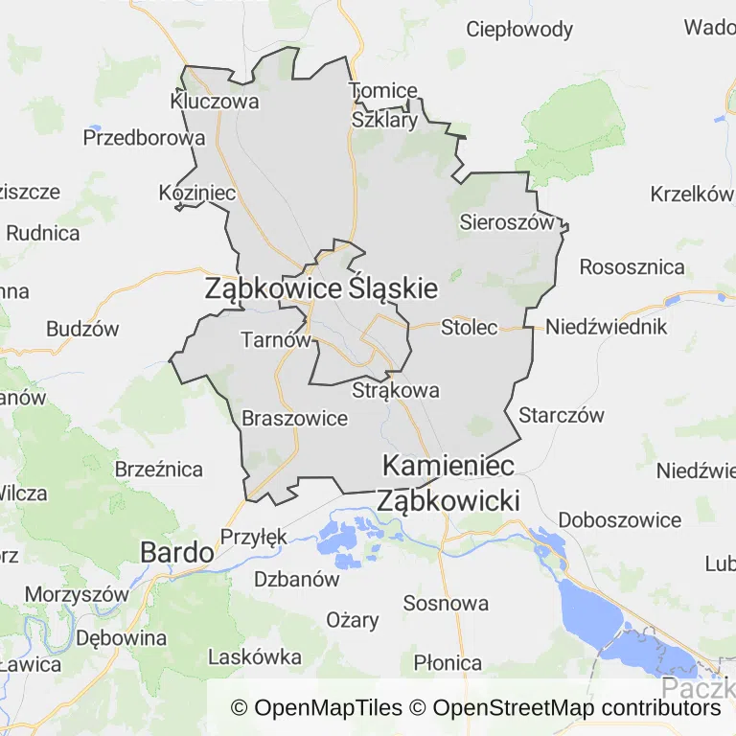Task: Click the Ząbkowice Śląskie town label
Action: [x=321, y=288]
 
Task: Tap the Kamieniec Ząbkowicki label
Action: [x=448, y=483]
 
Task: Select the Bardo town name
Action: [x=176, y=552]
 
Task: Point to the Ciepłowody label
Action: [x=519, y=29]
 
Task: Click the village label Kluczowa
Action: [x=215, y=101]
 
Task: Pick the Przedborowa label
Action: [x=144, y=137]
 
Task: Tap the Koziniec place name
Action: [x=197, y=193]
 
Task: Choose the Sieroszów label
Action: [x=507, y=222]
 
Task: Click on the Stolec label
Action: [x=470, y=327]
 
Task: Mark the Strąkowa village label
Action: [x=396, y=390]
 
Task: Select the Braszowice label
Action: [x=294, y=418]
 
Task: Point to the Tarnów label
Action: [x=276, y=339]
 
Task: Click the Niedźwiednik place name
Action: [x=606, y=327]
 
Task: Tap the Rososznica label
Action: [x=632, y=266]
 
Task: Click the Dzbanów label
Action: [x=297, y=579]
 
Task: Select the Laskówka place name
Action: [x=255, y=657]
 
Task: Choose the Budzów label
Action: [x=82, y=329]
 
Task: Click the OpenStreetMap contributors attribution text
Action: [x=576, y=708]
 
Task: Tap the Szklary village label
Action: [x=384, y=121]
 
